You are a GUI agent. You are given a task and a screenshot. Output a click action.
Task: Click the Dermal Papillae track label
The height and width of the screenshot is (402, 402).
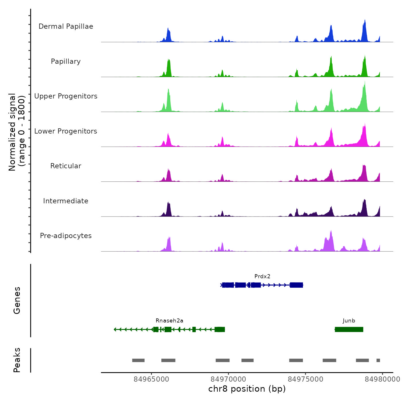66,26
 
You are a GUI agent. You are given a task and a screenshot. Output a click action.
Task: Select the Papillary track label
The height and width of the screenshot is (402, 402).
66,61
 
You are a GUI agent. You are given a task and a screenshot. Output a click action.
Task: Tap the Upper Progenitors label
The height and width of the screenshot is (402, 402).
66,96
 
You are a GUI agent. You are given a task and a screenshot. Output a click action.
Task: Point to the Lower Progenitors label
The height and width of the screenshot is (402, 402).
66,131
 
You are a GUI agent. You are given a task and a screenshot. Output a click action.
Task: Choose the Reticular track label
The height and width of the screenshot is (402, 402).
66,166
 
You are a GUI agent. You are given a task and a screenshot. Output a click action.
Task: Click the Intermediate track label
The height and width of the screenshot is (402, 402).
66,201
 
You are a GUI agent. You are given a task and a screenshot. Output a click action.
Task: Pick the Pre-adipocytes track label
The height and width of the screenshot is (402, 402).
66,236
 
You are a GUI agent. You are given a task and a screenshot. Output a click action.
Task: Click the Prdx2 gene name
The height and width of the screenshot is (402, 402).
262,277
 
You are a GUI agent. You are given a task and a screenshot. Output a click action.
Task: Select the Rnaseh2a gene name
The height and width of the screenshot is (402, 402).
169,321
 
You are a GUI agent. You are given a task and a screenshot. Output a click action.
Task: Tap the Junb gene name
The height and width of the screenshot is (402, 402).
349,321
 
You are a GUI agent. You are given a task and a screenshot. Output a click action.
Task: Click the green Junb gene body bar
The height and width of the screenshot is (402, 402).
349,329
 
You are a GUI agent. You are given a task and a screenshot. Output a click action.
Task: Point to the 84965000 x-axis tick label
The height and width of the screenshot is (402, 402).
151,379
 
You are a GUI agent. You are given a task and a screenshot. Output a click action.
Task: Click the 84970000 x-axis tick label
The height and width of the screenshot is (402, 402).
228,379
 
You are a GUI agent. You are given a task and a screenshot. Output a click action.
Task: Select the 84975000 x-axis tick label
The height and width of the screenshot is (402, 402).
306,379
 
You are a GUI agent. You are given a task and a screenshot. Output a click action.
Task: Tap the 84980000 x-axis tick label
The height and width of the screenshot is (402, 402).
382,379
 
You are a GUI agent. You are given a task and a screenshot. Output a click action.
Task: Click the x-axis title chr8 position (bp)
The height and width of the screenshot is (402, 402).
247,389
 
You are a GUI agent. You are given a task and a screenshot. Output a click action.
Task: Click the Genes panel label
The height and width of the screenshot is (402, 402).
17,300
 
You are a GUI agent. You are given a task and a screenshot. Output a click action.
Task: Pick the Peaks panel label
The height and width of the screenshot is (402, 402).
17,360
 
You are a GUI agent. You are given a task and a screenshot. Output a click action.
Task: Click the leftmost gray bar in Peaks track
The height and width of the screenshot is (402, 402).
138,360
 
